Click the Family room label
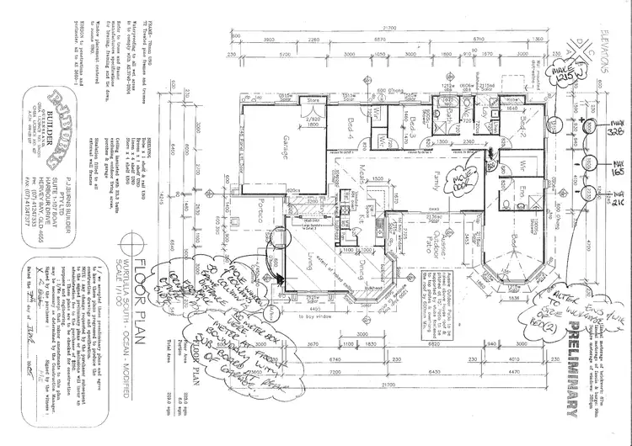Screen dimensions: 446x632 436,178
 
